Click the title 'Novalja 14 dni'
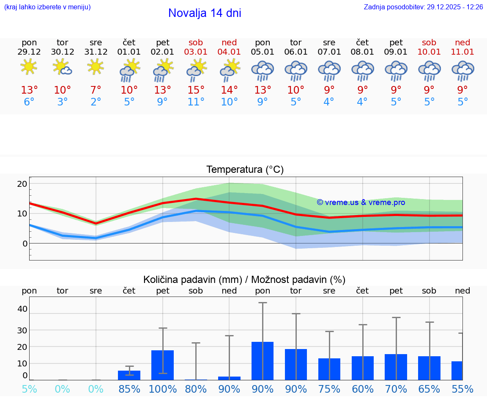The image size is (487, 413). (x=205, y=13)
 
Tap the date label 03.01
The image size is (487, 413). (x=196, y=52)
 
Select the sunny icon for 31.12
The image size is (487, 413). (x=96, y=67)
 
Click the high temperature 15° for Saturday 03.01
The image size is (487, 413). (x=196, y=90)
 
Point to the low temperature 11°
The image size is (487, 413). (x=196, y=102)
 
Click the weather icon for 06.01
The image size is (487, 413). (x=296, y=71)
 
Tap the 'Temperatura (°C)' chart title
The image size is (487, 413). (x=245, y=170)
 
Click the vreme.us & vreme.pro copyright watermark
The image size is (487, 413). (x=361, y=202)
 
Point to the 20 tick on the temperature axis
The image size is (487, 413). (x=22, y=184)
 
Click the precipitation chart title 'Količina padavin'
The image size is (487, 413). (x=244, y=280)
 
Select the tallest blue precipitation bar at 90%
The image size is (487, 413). (x=263, y=361)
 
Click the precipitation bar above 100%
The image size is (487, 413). (x=163, y=365)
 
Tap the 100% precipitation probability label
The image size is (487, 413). (x=163, y=389)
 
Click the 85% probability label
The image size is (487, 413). (x=129, y=389)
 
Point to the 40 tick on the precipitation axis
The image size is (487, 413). (x=22, y=309)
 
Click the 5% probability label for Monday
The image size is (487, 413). (x=29, y=389)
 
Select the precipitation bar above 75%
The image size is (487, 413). (x=329, y=369)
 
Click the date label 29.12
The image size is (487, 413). (x=29, y=52)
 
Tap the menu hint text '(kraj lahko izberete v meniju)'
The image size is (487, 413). (x=47, y=7)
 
